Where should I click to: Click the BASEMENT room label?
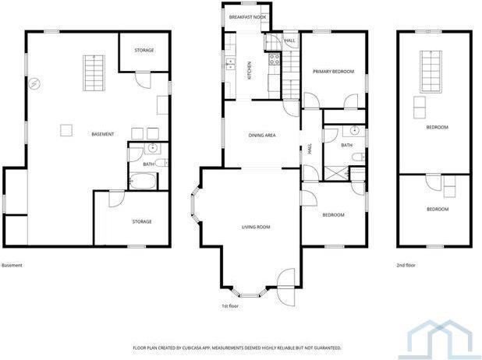102,134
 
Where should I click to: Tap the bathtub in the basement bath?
143,182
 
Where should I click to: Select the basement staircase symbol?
93,73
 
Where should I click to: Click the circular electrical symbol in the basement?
34,84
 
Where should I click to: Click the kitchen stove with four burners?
275,59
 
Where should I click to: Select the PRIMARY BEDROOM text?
333,72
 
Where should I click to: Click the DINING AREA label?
262,136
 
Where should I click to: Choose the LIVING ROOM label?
254,227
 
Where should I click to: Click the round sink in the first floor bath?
355,130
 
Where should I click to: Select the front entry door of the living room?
285,279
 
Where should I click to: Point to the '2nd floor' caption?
406,266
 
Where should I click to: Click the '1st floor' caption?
230,306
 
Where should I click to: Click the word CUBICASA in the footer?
198,348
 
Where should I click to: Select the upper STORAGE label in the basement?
144,51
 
